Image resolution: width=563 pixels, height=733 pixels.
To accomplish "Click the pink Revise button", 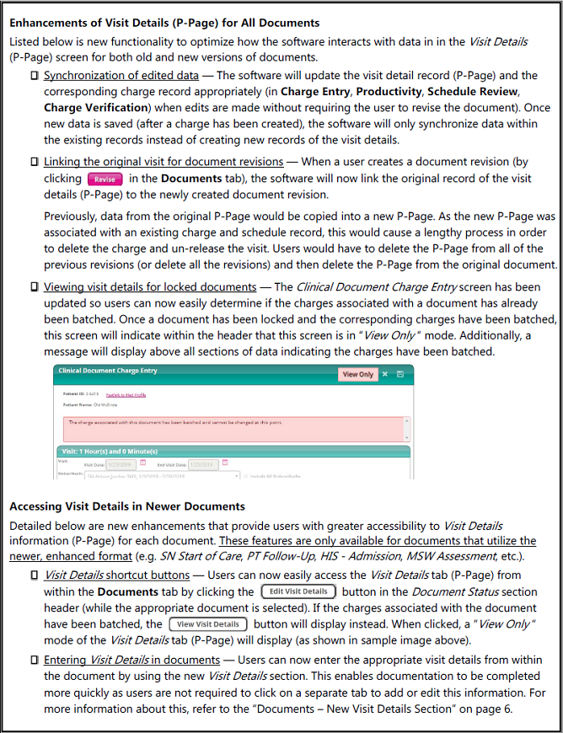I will (105, 179).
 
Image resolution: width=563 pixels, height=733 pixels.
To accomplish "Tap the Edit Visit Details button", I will (298, 591).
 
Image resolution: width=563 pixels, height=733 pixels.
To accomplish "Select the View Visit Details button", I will (208, 624).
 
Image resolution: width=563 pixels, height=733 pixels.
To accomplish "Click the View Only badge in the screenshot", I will (357, 374).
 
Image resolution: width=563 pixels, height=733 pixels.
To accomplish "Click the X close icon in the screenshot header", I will (384, 374).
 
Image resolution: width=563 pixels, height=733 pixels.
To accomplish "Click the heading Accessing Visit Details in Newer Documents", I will (127, 506).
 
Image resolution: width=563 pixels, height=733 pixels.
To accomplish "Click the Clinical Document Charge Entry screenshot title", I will (107, 372).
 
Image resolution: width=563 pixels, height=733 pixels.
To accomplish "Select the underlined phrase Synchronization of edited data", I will (121, 75).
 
